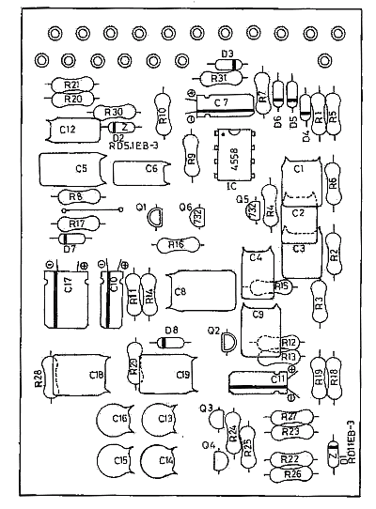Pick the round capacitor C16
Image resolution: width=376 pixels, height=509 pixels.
[117, 420]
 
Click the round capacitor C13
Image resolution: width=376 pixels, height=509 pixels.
[165, 418]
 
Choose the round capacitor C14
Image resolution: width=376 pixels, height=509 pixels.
[164, 460]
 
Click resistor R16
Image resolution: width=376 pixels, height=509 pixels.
[176, 245]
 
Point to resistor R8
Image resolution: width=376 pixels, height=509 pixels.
[76, 197]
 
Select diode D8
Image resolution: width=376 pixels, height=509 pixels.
[170, 343]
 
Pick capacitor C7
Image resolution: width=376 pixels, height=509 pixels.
[218, 101]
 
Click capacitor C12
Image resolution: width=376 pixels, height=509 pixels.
[68, 128]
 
